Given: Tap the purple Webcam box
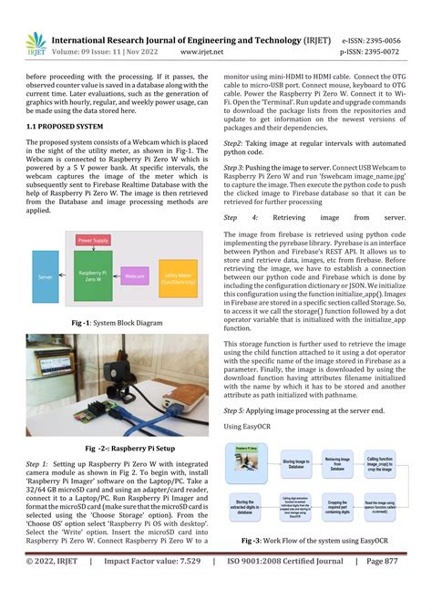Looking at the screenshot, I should pyautogui.click(x=136, y=274).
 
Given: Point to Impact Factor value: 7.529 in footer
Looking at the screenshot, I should pyautogui.click(x=152, y=588).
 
